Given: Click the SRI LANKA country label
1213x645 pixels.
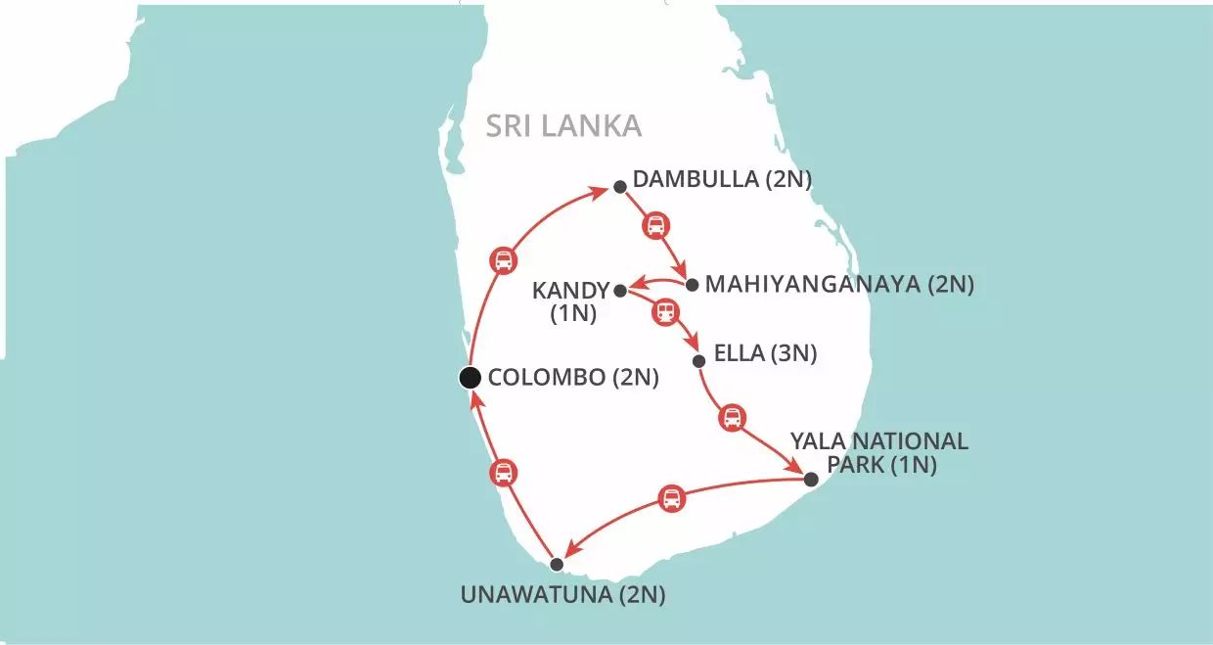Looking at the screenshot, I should (x=564, y=126).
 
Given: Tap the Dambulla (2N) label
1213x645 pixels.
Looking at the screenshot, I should (x=723, y=180).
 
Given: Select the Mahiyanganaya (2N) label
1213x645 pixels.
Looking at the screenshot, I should (x=839, y=285).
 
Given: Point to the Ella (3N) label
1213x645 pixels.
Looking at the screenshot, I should (x=768, y=353).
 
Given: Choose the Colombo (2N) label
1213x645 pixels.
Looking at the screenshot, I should (x=572, y=378).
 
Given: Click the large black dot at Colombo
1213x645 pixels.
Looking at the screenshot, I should (x=470, y=378).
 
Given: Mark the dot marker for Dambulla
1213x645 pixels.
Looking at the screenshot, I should (x=619, y=187).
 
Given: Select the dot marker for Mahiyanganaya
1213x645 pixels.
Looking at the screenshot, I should (x=693, y=286).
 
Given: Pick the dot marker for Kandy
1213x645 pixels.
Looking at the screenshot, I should (x=619, y=290).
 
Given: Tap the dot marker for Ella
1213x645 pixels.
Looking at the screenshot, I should (x=698, y=361).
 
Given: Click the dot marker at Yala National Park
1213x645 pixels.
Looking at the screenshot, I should (x=810, y=479).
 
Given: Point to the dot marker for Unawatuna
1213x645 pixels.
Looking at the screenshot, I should (x=557, y=564).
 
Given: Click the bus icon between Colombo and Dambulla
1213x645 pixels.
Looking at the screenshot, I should (x=503, y=260).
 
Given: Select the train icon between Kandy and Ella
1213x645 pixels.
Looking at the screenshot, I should (x=666, y=312).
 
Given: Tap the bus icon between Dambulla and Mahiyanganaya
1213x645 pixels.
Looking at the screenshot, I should (x=655, y=226).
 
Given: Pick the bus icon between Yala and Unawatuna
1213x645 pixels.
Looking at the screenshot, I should (x=671, y=498).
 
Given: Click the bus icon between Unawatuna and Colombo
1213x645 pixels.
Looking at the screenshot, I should (x=503, y=474).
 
